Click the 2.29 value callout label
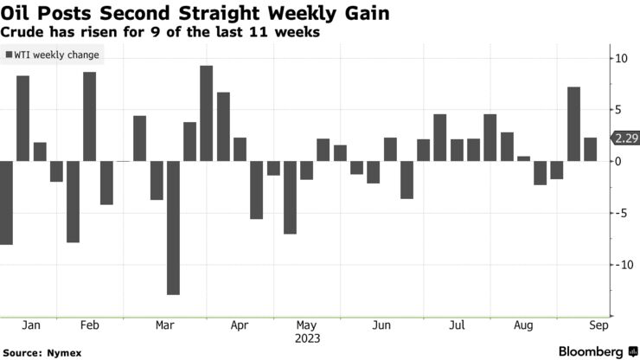[x=624, y=138]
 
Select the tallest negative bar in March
[x=173, y=228]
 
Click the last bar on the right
[x=590, y=149]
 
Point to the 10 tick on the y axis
[x=621, y=58]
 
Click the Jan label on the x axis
[x=30, y=325]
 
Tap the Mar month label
[x=164, y=325]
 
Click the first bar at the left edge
[x=5, y=202]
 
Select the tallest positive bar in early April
[x=206, y=113]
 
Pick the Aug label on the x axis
[x=522, y=325]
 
